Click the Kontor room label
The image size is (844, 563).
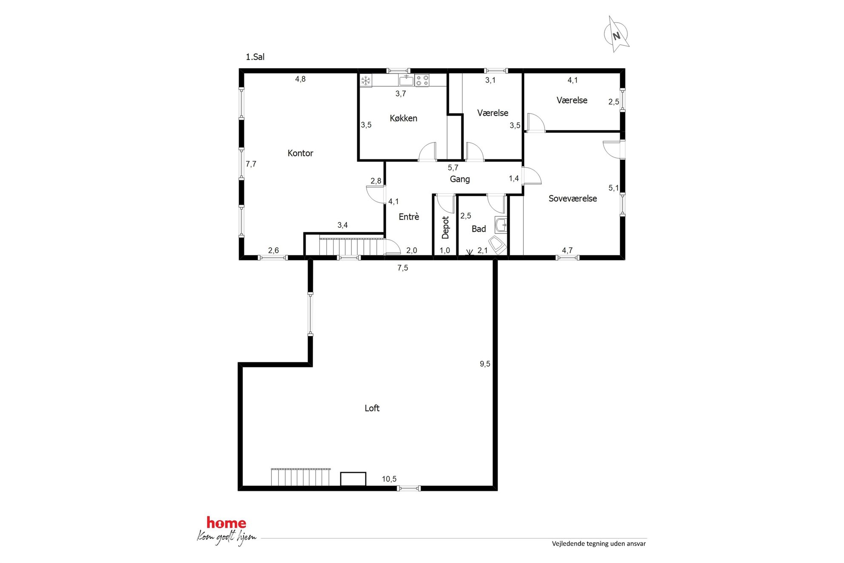tap(300, 153)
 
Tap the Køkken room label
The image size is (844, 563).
tap(403, 118)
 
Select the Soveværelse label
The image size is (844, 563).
tap(573, 199)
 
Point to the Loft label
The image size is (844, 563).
tap(372, 408)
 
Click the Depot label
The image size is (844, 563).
tap(445, 227)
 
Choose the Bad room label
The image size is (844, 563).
tap(479, 229)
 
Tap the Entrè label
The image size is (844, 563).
tap(409, 217)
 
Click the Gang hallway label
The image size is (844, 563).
tap(460, 179)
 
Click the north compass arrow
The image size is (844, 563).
tap(616, 34)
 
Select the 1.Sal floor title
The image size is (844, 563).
tap(255, 57)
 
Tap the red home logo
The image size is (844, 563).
tap(226, 523)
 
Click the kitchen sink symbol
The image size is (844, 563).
tap(406, 80)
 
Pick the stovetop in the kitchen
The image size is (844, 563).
tap(422, 80)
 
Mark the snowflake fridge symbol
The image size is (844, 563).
tap(366, 80)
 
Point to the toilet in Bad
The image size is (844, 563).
tap(497, 246)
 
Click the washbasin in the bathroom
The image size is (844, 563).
tap(501, 225)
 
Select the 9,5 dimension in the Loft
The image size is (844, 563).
tap(485, 364)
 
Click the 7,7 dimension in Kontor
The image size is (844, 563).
tap(251, 164)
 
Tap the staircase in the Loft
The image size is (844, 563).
tap(300, 477)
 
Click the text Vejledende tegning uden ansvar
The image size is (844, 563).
tap(599, 543)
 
